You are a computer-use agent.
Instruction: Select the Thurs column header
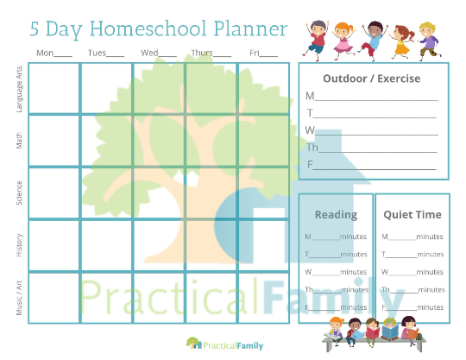click(x=211, y=54)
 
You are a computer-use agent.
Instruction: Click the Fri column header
click(x=263, y=54)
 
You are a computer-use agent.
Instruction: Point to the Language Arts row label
click(x=19, y=88)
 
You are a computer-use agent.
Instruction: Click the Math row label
click(x=19, y=140)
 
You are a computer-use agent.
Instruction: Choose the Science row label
click(x=19, y=193)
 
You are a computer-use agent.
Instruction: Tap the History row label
click(x=19, y=245)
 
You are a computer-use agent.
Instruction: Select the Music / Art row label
click(x=19, y=297)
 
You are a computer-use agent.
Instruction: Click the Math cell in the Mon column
click(x=54, y=140)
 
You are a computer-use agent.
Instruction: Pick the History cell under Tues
click(x=106, y=245)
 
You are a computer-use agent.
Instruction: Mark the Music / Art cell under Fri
click(x=263, y=297)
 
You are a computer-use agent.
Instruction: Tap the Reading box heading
click(x=335, y=214)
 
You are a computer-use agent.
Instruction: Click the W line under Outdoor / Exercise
click(x=372, y=131)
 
